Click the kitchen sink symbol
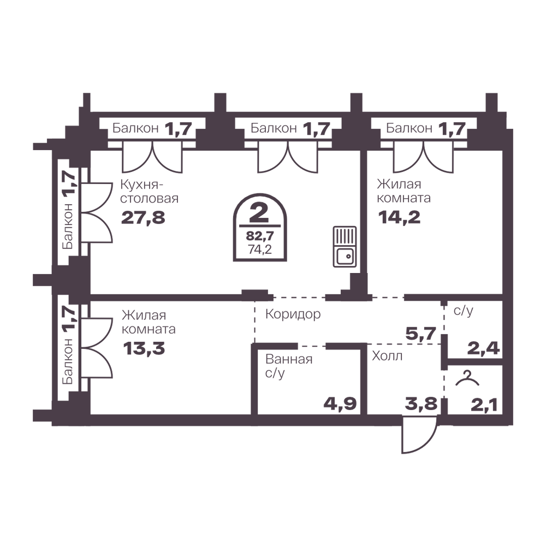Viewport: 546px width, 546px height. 345,247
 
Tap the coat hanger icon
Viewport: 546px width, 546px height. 467,378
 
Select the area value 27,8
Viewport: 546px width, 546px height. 143,218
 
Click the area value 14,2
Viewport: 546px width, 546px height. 400,218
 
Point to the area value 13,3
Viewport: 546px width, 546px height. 144,348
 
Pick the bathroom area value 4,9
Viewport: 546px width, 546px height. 340,404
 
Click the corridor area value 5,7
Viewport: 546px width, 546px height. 421,334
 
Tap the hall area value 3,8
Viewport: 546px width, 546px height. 420,404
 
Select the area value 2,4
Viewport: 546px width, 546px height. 483,348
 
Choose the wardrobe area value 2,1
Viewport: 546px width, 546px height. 484,405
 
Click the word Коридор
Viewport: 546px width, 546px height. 293,314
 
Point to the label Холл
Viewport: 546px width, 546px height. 387,356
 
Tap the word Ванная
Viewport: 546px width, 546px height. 289,359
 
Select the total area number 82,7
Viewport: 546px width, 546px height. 260,236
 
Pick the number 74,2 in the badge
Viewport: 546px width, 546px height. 260,250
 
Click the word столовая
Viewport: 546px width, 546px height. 150,199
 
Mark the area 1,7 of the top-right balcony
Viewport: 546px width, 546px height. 452,128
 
